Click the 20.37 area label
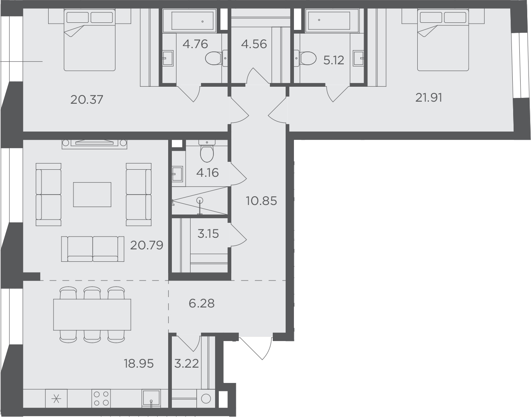click(87, 100)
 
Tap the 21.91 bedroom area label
click(428, 98)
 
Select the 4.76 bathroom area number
click(195, 44)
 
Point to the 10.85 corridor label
click(261, 201)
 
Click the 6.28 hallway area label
click(202, 303)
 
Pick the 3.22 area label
click(186, 364)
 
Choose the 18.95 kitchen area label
click(139, 363)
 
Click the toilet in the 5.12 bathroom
click(305, 59)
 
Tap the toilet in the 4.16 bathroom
click(207, 151)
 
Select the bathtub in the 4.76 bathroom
click(189, 21)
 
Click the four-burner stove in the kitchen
click(101, 398)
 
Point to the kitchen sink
click(151, 398)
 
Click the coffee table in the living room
click(92, 195)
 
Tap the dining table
click(92, 315)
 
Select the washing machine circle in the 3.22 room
click(206, 399)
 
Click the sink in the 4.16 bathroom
click(177, 174)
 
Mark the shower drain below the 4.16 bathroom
click(200, 201)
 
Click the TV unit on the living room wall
click(94, 144)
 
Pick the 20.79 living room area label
click(147, 245)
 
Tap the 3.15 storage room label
click(208, 234)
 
